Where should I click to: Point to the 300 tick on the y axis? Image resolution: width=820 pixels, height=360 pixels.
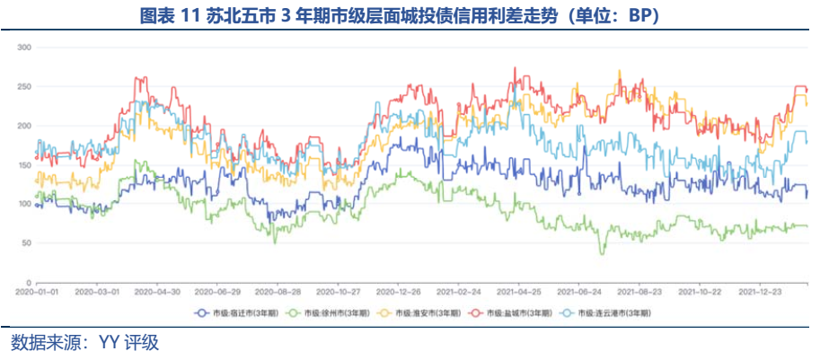pos(24,47)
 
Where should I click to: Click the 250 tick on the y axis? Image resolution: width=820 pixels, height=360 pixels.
pos(24,86)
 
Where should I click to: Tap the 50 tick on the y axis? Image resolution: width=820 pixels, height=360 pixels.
pos(27,243)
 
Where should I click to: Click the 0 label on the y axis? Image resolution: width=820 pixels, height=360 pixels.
pos(30,283)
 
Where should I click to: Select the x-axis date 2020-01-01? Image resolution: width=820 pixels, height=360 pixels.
pos(36,292)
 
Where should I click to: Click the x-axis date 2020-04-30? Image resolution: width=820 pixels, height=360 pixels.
pos(157,292)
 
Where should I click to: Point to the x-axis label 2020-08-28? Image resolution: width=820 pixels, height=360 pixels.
pos(278,292)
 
